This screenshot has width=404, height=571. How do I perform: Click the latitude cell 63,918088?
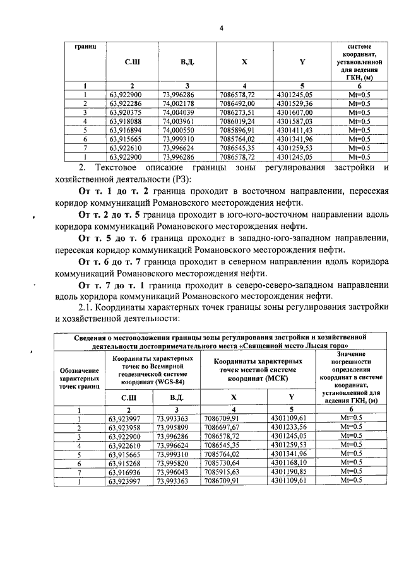point(125,121)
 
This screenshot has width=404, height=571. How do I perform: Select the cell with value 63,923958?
point(125,427)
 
